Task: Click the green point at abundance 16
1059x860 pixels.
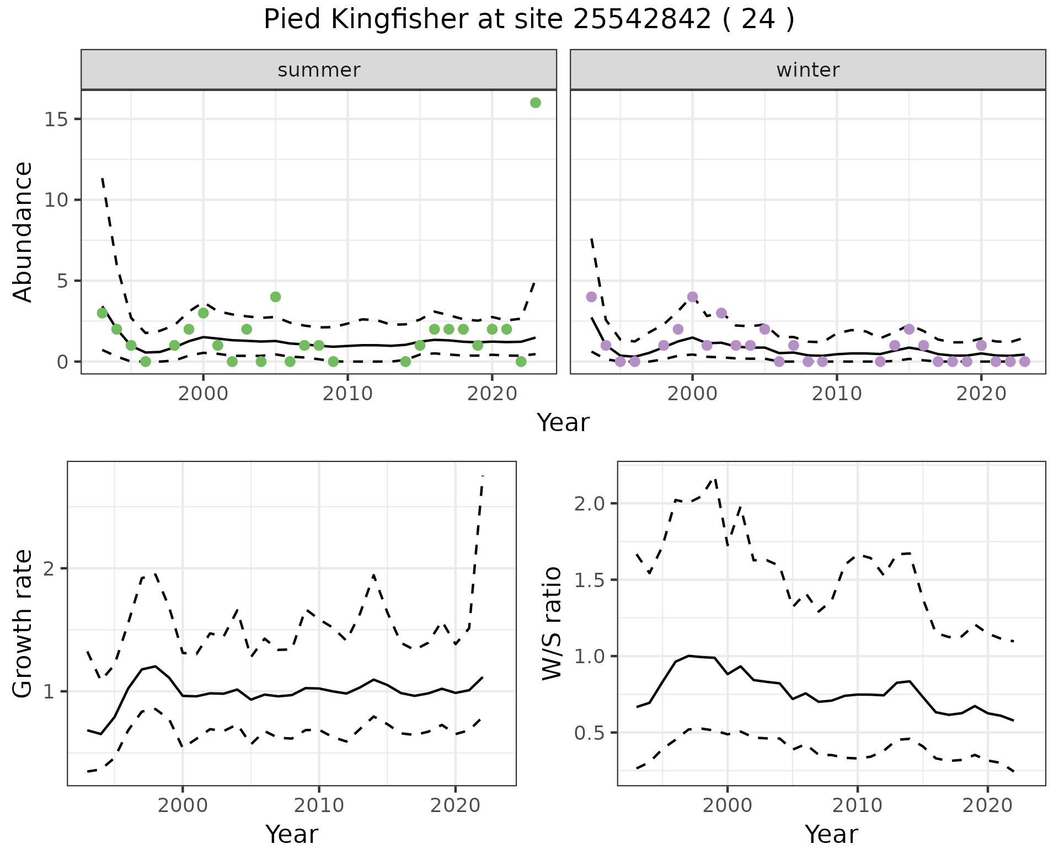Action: pos(535,103)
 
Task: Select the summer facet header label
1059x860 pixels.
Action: pos(319,70)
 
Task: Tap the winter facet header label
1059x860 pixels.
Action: pos(807,70)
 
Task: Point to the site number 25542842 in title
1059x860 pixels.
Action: pos(642,20)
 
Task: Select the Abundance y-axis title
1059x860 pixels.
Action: pos(23,232)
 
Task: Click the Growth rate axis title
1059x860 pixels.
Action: pos(23,623)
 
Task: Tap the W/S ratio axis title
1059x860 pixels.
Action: pos(552,623)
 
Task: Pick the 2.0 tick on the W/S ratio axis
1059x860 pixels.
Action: pos(591,503)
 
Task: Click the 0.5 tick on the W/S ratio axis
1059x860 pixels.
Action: pos(591,733)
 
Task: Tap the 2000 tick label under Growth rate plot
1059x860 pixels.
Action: pos(183,805)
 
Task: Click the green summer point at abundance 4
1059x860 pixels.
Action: pos(276,297)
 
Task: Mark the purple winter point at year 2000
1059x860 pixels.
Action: pos(692,297)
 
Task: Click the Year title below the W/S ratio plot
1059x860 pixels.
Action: pos(831,834)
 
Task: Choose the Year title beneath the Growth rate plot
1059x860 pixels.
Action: pos(292,834)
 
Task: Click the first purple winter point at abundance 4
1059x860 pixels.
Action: pos(591,297)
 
